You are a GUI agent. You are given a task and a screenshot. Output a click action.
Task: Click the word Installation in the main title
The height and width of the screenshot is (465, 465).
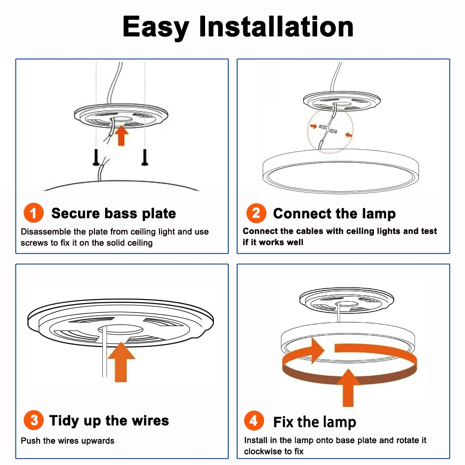[276, 27]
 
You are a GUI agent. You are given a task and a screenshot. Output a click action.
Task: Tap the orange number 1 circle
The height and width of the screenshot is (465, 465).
[33, 213]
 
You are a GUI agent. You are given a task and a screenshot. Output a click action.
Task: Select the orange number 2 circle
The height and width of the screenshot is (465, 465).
[256, 213]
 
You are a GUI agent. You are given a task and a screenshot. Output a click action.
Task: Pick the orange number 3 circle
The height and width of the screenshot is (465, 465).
[34, 420]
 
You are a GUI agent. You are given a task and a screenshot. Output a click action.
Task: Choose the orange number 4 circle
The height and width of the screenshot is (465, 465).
[254, 420]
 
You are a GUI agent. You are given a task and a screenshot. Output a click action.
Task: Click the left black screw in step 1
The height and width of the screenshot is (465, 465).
[96, 157]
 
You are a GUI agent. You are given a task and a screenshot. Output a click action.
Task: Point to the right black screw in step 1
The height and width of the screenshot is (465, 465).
[145, 157]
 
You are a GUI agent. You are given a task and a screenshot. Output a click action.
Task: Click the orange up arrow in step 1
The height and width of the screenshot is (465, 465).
[121, 135]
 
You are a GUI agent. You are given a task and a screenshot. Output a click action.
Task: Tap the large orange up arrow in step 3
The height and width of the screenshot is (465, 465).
[121, 362]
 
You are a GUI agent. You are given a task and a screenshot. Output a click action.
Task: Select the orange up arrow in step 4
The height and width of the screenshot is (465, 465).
[348, 388]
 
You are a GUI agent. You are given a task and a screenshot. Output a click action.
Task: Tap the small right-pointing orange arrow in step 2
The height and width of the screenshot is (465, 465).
[313, 126]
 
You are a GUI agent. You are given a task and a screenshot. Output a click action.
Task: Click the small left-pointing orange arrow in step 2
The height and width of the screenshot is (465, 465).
[349, 135]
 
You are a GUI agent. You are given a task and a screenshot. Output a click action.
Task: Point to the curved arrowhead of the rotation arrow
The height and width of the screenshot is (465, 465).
[316, 351]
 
